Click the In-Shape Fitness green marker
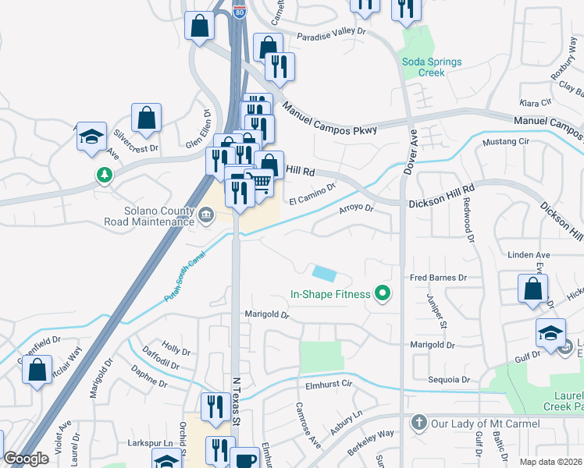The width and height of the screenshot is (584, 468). pos(383,294)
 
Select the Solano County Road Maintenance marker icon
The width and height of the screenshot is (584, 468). pos(206,214)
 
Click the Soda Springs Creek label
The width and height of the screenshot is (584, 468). pos(432,67)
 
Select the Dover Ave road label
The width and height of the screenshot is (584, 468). pos(414,145)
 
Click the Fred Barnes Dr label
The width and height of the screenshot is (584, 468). pos(438,277)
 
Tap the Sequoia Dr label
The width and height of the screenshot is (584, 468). pos(449,380)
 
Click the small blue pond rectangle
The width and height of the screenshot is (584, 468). pos(324,274)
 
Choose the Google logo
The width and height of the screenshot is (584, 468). pos(26,459)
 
